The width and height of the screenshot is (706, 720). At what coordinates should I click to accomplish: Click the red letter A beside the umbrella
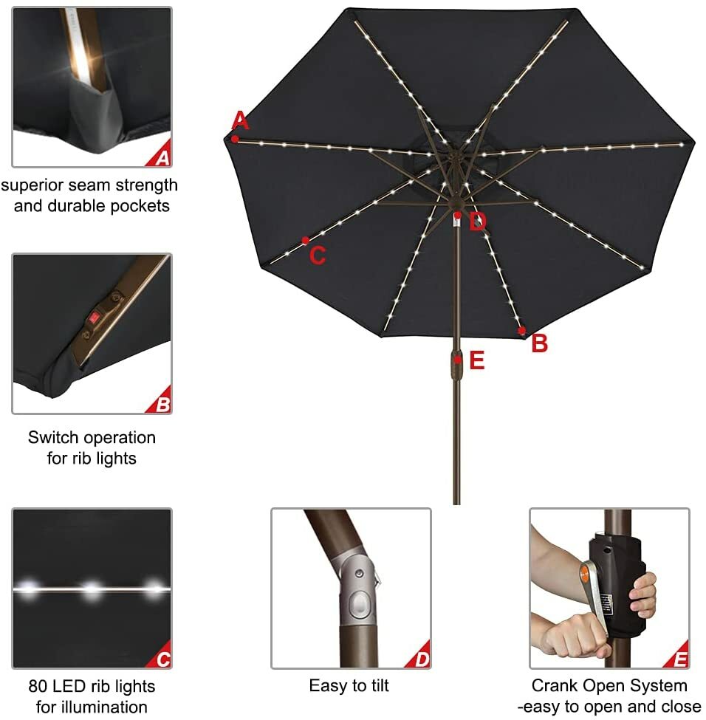click(x=240, y=120)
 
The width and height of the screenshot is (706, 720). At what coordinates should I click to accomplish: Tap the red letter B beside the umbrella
click(x=540, y=343)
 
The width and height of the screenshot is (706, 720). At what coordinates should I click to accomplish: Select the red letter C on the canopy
click(x=318, y=256)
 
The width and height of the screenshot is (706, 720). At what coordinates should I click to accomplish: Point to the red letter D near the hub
click(x=478, y=222)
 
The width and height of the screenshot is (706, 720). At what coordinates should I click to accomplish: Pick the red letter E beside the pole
click(x=477, y=360)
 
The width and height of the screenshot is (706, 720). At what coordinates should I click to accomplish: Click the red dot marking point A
click(x=235, y=138)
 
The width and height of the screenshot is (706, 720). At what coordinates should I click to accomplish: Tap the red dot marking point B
click(x=522, y=330)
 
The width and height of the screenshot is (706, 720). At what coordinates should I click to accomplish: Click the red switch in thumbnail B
click(x=94, y=318)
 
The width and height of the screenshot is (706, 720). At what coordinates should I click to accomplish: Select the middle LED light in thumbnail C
click(x=92, y=589)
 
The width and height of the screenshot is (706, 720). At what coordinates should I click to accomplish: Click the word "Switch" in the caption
click(x=54, y=437)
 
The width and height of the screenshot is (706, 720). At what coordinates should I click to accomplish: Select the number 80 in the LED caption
click(x=39, y=686)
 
